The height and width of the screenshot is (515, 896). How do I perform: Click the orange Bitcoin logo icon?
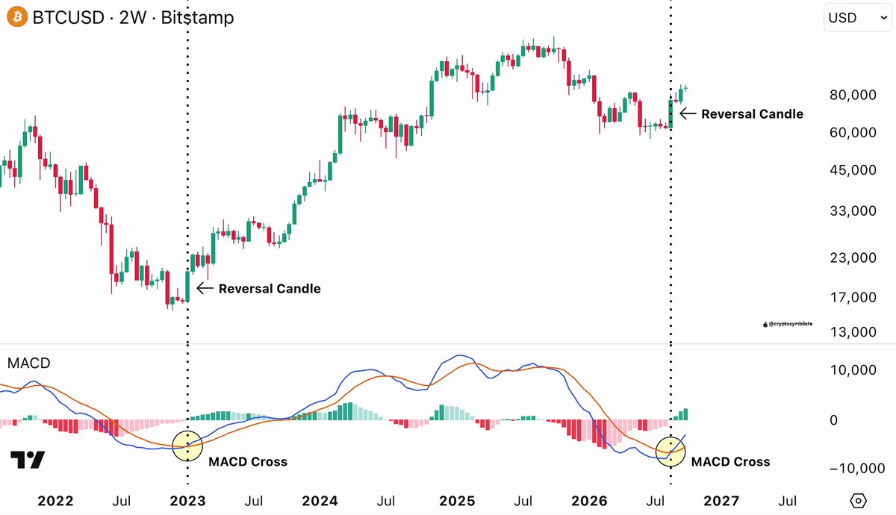click(x=17, y=17)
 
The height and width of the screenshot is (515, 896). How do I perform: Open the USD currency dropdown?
click(x=858, y=18)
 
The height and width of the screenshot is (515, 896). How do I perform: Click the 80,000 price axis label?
click(x=853, y=95)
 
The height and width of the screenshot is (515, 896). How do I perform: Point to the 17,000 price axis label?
click(x=853, y=297)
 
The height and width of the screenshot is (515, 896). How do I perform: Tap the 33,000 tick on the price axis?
click(x=853, y=210)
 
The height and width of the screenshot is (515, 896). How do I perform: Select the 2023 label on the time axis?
click(x=187, y=501)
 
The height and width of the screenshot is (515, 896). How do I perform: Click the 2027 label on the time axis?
click(x=721, y=501)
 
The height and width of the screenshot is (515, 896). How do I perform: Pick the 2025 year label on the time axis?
click(x=457, y=501)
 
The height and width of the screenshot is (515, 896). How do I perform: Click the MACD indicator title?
click(x=29, y=363)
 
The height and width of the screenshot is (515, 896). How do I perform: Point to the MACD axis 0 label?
click(x=833, y=420)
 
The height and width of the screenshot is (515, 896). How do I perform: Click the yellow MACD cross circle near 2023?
click(x=187, y=431)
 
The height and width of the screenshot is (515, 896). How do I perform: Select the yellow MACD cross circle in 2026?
click(x=671, y=437)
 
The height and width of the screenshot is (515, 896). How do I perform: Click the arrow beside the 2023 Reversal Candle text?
click(x=205, y=288)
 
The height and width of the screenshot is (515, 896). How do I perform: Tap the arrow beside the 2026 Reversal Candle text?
click(x=688, y=113)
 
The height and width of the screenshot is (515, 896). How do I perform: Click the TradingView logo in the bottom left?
click(x=27, y=460)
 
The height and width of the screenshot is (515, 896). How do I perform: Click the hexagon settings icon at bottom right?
click(x=859, y=501)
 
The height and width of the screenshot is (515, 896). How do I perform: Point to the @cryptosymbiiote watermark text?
click(x=790, y=324)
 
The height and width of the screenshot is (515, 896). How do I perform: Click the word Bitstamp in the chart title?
click(x=197, y=18)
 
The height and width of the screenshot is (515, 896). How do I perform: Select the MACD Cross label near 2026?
click(x=730, y=462)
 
